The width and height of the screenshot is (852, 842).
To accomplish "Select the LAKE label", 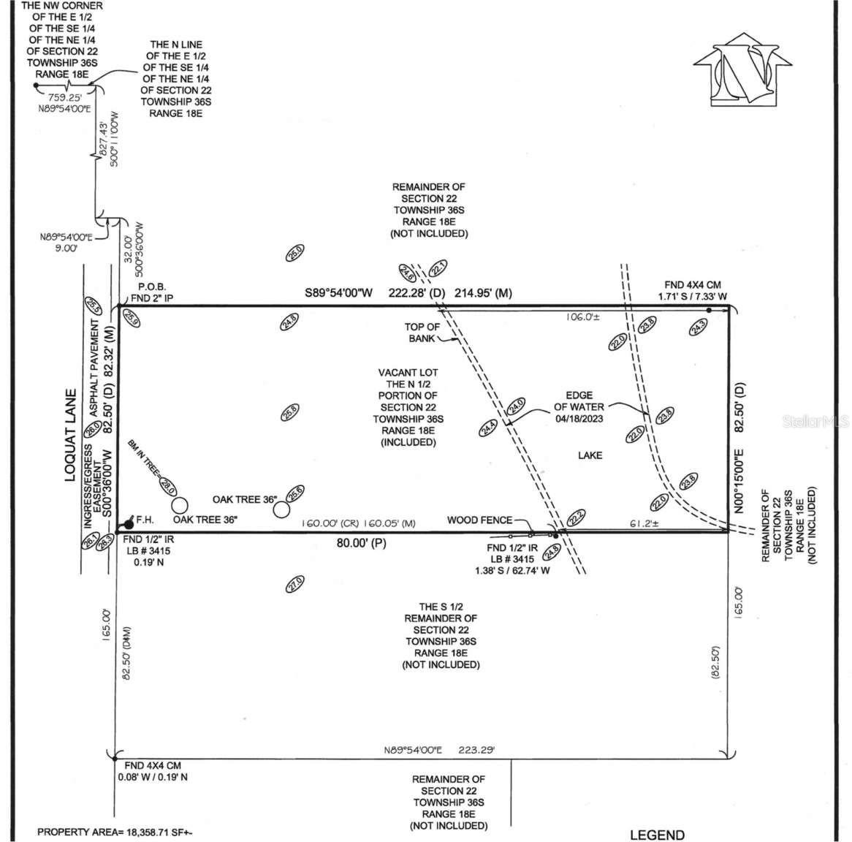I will coord(590,455).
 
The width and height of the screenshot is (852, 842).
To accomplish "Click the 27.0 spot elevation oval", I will coord(294,584).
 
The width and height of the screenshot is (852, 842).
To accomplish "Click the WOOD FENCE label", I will coord(480,520).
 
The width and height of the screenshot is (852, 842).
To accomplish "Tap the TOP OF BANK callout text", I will coord(422,333).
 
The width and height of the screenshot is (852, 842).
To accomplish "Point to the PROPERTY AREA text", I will coord(115,832).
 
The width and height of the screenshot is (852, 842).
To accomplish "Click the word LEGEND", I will coord(657,835).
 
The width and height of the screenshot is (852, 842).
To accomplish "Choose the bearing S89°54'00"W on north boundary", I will coord(338,293).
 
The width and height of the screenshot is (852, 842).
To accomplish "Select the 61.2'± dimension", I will coord(642,524).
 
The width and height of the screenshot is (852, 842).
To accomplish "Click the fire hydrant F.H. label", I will coord(145,520).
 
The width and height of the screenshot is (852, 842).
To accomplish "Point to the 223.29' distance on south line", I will coord(476,750).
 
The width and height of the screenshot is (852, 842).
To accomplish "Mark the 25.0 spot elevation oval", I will coord(294,254).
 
